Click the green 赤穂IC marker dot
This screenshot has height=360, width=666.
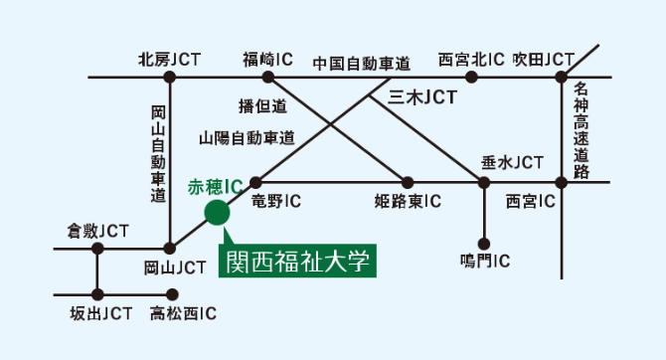[x=216, y=212]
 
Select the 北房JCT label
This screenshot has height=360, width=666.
[x=169, y=60]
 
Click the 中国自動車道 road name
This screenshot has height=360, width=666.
[x=361, y=63]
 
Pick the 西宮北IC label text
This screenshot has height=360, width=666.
[x=472, y=60]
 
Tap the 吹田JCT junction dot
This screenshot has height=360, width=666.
[x=562, y=77]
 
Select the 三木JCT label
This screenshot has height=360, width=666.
[x=421, y=98]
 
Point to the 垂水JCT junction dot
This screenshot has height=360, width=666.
[x=484, y=182]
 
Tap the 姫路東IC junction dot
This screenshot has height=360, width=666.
[x=408, y=182]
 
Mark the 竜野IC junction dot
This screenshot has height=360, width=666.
[x=255, y=182]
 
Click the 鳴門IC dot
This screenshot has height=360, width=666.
[x=484, y=242]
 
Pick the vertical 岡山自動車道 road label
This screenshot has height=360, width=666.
[x=157, y=153]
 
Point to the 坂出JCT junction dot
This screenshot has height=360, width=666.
[x=97, y=294]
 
